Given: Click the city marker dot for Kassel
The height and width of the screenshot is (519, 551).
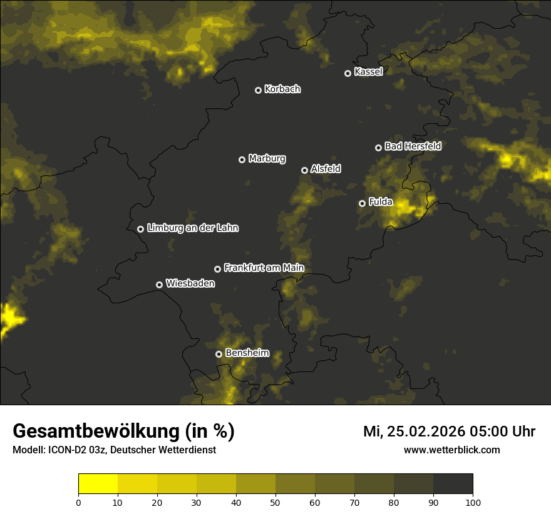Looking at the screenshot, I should pyautogui.click(x=348, y=73).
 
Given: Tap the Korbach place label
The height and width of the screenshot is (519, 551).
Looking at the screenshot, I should pyautogui.click(x=282, y=89).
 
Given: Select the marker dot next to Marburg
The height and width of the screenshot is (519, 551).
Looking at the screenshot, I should pyautogui.click(x=242, y=159).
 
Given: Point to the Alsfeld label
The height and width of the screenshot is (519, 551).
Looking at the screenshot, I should pyautogui.click(x=326, y=169).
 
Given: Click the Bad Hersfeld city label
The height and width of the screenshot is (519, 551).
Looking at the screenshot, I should pyautogui.click(x=413, y=146).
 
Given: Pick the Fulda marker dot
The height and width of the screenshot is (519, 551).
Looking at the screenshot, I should pyautogui.click(x=362, y=203).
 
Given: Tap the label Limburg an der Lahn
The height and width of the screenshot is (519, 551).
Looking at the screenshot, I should pyautogui.click(x=192, y=228).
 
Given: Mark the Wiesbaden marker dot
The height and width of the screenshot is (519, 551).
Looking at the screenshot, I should pyautogui.click(x=159, y=285).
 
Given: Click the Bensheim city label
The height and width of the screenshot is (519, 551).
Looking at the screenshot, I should pyautogui.click(x=247, y=353).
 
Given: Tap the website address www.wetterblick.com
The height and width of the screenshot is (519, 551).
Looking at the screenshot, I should pyautogui.click(x=451, y=450).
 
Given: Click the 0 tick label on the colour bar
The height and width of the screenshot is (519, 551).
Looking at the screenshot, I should pyautogui.click(x=78, y=501).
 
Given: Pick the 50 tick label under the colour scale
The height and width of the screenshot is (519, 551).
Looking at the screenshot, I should pyautogui.click(x=275, y=501).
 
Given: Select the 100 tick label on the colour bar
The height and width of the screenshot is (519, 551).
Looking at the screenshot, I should pyautogui.click(x=473, y=501).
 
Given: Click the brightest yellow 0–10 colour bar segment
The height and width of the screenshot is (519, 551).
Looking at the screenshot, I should pyautogui.click(x=98, y=483).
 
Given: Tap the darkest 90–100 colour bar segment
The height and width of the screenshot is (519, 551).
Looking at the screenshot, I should pyautogui.click(x=453, y=483).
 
